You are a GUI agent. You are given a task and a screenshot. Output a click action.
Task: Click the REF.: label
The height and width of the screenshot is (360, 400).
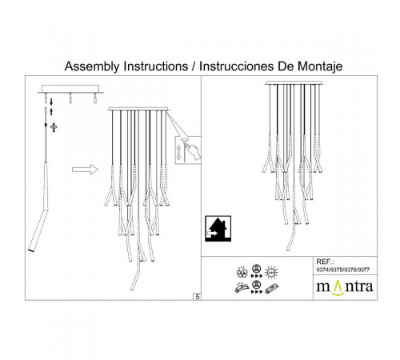point(326,262)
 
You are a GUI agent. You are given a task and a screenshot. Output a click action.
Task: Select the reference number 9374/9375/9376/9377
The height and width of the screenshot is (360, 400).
point(345,270)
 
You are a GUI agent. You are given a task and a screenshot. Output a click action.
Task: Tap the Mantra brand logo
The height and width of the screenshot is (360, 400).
point(346,286)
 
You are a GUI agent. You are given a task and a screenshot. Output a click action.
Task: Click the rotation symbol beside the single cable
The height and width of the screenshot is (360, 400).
point(53,127)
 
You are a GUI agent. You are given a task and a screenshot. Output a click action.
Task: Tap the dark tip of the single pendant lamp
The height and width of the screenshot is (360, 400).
point(31,250)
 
